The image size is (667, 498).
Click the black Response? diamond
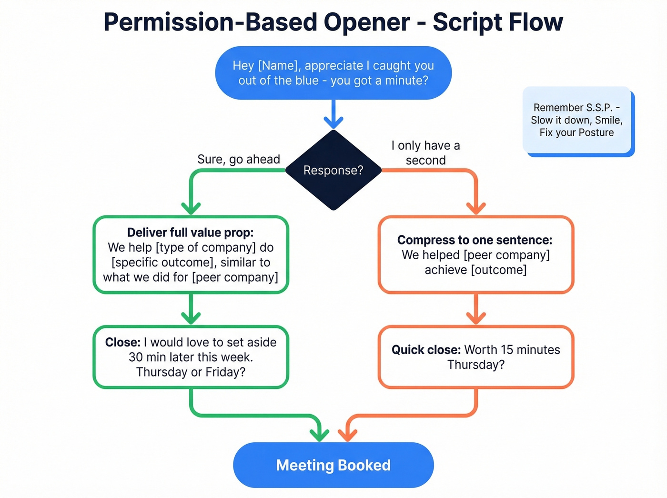pyautogui.click(x=333, y=170)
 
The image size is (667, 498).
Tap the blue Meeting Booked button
pyautogui.click(x=333, y=465)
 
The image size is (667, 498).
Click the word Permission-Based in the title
pyautogui.click(x=210, y=22)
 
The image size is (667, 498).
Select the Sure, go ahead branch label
pyautogui.click(x=239, y=159)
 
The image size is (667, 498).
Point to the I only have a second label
pyautogui.click(x=425, y=152)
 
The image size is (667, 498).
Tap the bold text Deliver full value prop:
pyautogui.click(x=190, y=233)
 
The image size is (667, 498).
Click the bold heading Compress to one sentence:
pyautogui.click(x=475, y=240)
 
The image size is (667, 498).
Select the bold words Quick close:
pyautogui.click(x=426, y=350)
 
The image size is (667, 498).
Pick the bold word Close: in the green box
pyautogui.click(x=122, y=342)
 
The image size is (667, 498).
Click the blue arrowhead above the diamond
pyautogui.click(x=333, y=122)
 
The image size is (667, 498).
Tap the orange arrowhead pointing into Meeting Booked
pyautogui.click(x=348, y=434)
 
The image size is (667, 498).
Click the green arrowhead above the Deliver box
pyautogui.click(x=191, y=208)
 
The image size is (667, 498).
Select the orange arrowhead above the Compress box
pyautogui.click(x=476, y=208)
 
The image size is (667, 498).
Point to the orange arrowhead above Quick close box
pyautogui.click(x=476, y=317)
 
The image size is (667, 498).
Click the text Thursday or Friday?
pyautogui.click(x=191, y=372)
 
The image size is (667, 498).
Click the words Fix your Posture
pyautogui.click(x=576, y=132)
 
